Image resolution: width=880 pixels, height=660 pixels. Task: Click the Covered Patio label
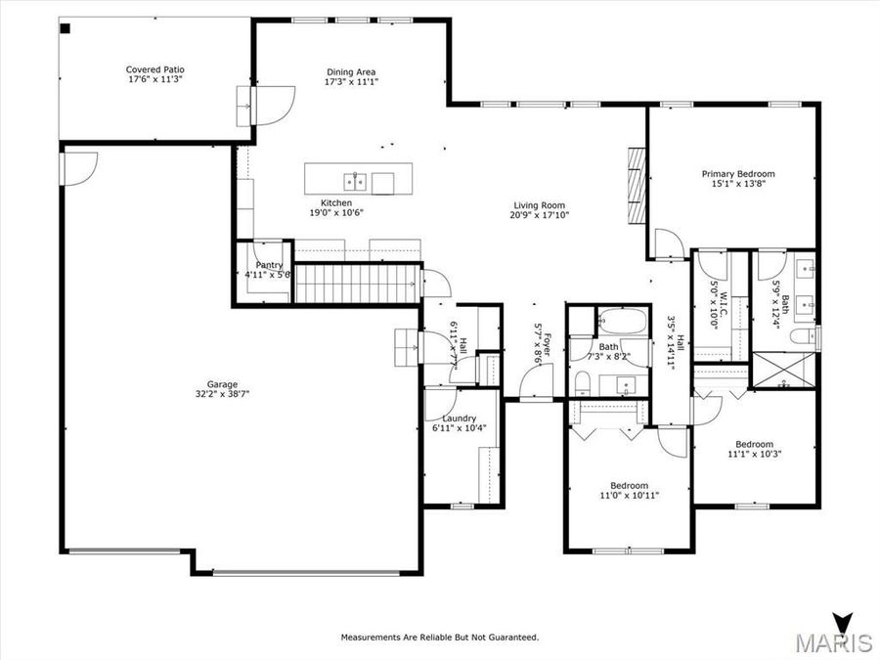(154, 69)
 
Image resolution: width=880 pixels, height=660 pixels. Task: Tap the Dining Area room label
(350, 71)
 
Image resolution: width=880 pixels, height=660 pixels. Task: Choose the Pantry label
(269, 265)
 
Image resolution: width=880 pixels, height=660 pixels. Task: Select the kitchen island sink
(354, 181)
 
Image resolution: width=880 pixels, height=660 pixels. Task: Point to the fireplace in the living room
(637, 186)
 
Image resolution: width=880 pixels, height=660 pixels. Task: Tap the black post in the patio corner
(66, 27)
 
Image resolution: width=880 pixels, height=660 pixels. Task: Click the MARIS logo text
(833, 642)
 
